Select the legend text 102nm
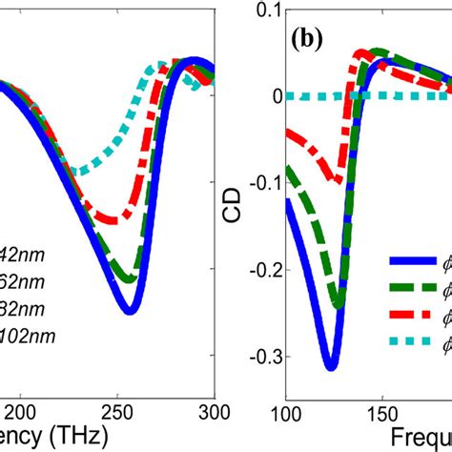click(x=28, y=336)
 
